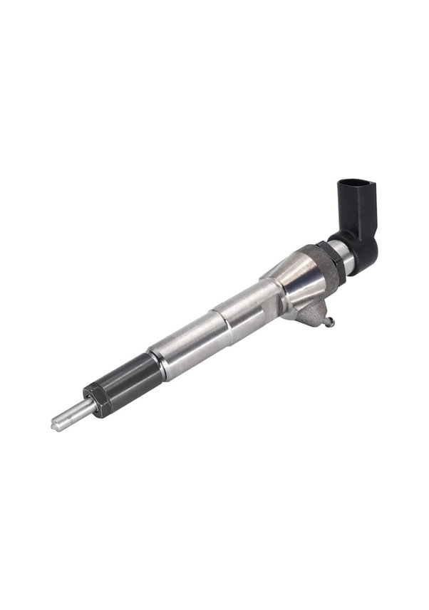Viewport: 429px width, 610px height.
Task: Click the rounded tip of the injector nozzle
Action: (x=55, y=425)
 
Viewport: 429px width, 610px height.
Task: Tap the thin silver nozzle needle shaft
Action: (x=72, y=414)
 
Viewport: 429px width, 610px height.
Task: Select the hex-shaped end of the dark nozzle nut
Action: (x=97, y=399)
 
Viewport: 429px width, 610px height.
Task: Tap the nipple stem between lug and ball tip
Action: (x=324, y=317)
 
